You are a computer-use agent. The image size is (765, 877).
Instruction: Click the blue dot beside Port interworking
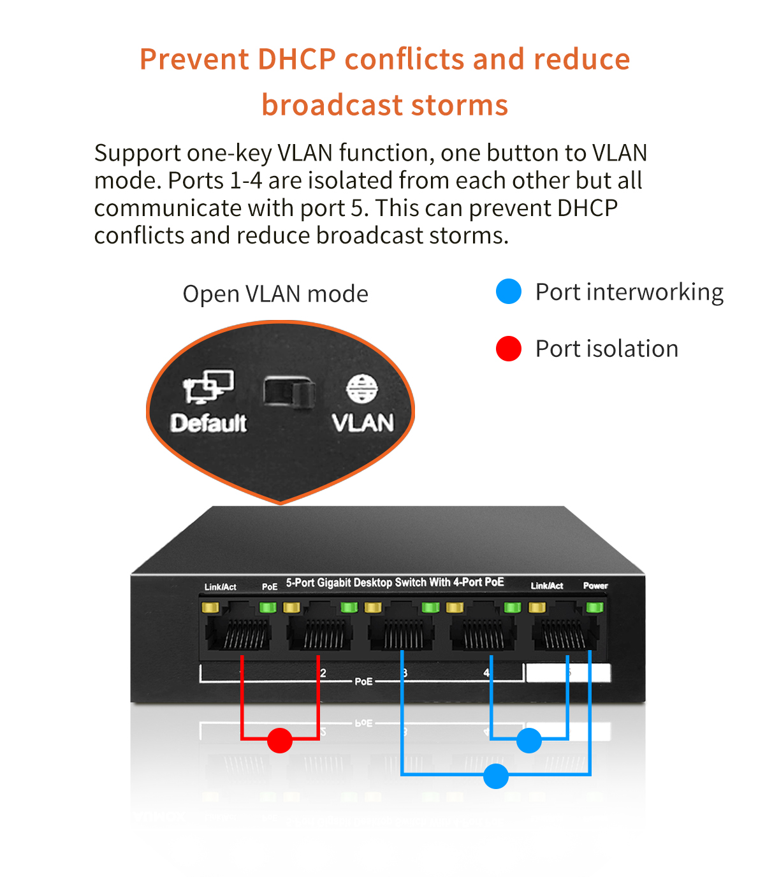click(509, 291)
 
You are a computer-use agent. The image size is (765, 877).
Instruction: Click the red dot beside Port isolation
click(509, 349)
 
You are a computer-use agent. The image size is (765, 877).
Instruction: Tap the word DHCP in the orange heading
click(296, 59)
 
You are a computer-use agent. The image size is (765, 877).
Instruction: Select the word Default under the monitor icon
click(208, 423)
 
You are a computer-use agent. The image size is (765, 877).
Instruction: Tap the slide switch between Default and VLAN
click(289, 391)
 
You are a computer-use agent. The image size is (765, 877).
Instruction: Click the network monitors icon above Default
click(208, 386)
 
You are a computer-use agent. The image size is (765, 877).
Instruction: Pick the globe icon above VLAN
click(362, 389)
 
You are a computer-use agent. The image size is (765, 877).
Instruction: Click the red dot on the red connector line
click(280, 740)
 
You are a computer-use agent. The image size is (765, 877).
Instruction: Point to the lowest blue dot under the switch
click(496, 776)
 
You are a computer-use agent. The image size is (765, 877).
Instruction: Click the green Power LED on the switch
click(595, 607)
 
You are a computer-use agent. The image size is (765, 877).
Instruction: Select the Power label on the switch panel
click(595, 586)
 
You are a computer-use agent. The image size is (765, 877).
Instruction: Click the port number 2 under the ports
click(323, 673)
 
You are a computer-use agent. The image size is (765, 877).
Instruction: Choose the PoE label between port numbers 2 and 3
click(363, 681)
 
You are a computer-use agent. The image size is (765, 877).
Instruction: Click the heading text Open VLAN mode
click(275, 294)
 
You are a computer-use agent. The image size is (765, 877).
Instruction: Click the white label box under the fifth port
click(568, 673)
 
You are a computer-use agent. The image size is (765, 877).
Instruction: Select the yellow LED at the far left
click(210, 607)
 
